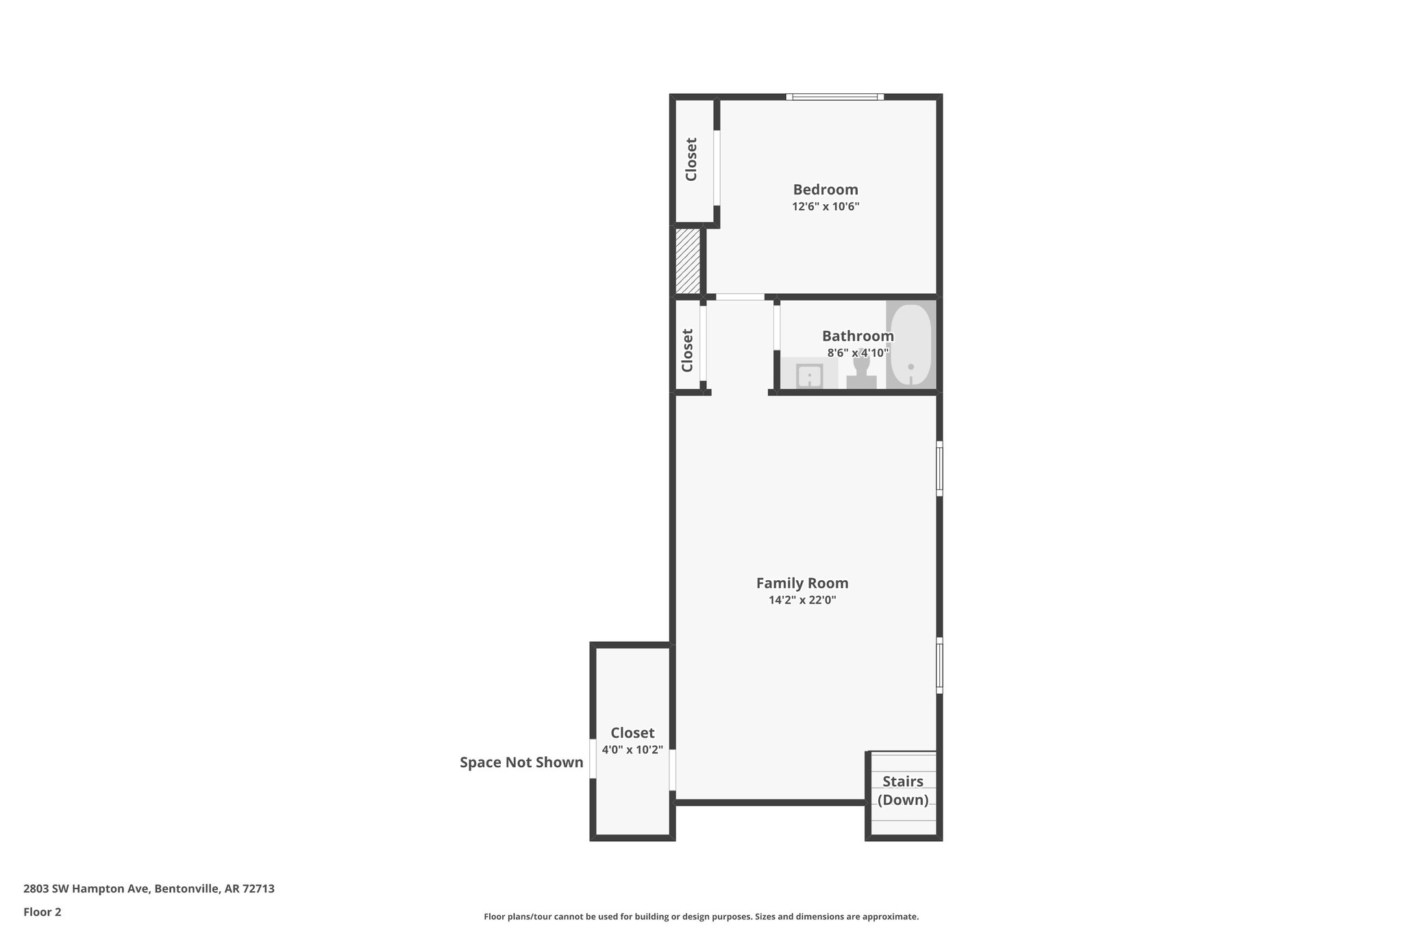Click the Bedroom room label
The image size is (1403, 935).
pyautogui.click(x=825, y=190)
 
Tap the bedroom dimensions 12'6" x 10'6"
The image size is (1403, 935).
pyautogui.click(x=825, y=207)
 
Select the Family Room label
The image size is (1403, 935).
pyautogui.click(x=802, y=583)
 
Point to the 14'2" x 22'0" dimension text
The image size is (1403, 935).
pyautogui.click(x=802, y=601)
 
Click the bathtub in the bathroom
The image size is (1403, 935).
pyautogui.click(x=910, y=345)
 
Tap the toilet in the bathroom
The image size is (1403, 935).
pyautogui.click(x=861, y=371)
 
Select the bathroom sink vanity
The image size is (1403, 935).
pyautogui.click(x=809, y=375)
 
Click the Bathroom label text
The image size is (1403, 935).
pyautogui.click(x=858, y=336)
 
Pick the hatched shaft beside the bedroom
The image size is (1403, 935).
pyautogui.click(x=688, y=261)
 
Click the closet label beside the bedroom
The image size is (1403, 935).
pyautogui.click(x=691, y=160)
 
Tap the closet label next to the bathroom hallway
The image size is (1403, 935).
pyautogui.click(x=688, y=350)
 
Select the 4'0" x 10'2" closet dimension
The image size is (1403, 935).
pyautogui.click(x=632, y=750)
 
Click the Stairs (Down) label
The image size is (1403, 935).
pyautogui.click(x=903, y=790)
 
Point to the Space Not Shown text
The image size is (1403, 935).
pyautogui.click(x=521, y=762)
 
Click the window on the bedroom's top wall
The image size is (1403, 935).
pyautogui.click(x=834, y=97)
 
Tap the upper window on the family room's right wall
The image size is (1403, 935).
pyautogui.click(x=939, y=469)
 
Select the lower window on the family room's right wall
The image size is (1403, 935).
pyautogui.click(x=939, y=665)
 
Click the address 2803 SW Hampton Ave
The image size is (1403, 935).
pyautogui.click(x=149, y=889)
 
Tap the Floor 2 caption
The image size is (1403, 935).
pyautogui.click(x=42, y=912)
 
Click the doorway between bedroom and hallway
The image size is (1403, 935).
pyautogui.click(x=740, y=297)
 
